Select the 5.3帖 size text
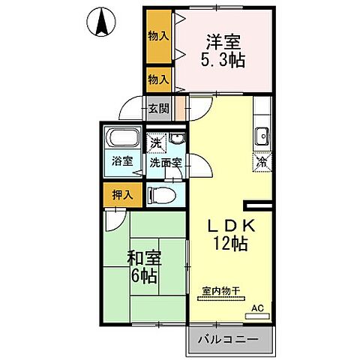coord(222,59)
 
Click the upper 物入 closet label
coord(157,35)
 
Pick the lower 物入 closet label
coord(157,78)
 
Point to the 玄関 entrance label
coord(158,108)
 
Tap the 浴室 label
coord(121,160)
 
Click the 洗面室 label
coord(166,161)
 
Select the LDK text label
coord(232,225)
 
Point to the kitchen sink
coord(262,136)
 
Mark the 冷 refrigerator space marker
coord(263,160)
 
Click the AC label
coord(257,308)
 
